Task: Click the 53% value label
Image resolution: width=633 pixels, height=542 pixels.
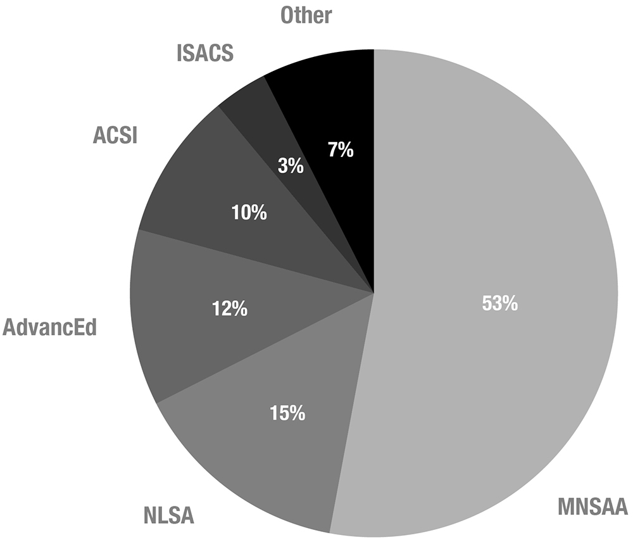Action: (500, 304)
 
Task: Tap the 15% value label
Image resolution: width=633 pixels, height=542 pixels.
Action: (287, 414)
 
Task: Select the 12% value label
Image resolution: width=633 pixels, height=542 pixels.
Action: (229, 309)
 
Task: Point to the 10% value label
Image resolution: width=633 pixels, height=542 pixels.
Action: (249, 213)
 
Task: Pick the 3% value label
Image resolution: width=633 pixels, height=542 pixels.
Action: (291, 167)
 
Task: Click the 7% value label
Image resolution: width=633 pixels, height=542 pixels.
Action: (341, 151)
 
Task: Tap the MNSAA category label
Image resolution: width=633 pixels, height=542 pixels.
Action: (592, 507)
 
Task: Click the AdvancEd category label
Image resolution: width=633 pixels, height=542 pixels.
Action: (49, 329)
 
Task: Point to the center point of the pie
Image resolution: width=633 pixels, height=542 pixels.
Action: (373, 293)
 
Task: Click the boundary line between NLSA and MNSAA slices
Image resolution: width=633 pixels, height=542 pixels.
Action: (352, 412)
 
